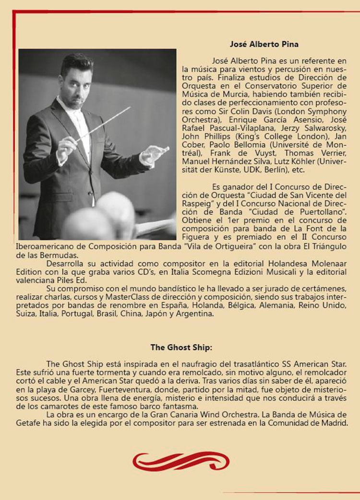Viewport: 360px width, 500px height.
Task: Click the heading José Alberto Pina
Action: [x=264, y=44]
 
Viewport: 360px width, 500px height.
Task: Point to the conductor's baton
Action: [x=103, y=124]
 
